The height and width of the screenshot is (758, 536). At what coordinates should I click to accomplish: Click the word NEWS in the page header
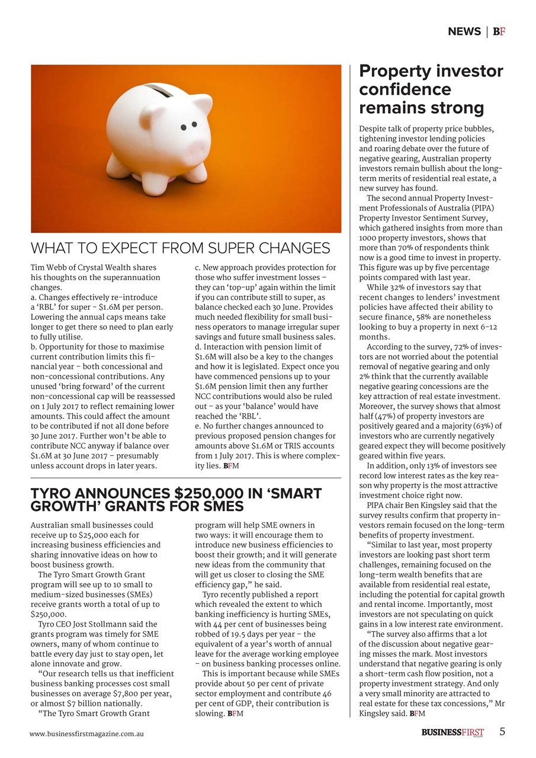tap(464, 31)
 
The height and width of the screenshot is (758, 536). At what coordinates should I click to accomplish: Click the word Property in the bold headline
tap(396, 72)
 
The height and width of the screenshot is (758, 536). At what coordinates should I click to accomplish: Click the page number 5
tap(502, 731)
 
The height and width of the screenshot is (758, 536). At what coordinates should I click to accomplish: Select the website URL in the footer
tap(87, 733)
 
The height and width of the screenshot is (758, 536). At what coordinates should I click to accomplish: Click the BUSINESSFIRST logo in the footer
tap(452, 733)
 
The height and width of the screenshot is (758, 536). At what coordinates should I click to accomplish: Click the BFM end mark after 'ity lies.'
tap(231, 466)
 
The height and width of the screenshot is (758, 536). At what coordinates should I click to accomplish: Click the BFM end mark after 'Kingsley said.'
tap(417, 713)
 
